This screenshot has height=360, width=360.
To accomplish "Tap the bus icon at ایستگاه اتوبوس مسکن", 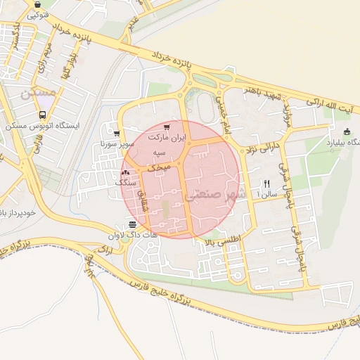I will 44,115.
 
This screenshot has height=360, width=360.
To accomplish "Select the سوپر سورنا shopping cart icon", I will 116,133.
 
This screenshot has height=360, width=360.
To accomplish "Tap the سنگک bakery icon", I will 126,172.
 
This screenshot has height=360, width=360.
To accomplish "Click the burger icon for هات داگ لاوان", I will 132,224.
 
